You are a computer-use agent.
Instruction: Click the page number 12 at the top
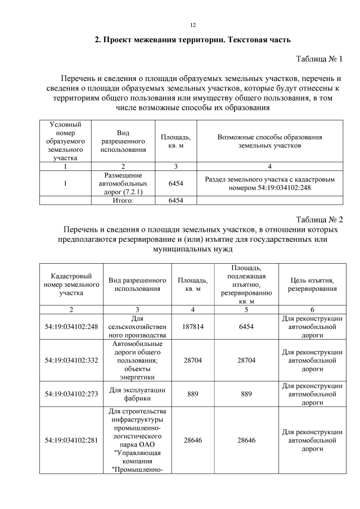(192, 25)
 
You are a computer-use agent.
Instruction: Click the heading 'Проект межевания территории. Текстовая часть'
(192, 40)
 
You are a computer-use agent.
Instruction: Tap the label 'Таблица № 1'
(319, 58)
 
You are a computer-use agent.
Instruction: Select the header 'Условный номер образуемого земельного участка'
(65, 141)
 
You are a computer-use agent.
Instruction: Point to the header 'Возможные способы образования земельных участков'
(269, 141)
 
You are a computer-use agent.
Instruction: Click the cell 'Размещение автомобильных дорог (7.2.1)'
(123, 183)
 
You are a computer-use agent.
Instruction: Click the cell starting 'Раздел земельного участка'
(269, 183)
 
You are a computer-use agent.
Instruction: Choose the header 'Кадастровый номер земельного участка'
(71, 284)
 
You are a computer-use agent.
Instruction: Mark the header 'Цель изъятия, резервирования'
(312, 284)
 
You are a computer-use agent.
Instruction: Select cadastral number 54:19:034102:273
(71, 394)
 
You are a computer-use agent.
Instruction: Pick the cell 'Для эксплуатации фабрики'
(138, 394)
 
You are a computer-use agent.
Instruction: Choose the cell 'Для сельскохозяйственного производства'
(138, 326)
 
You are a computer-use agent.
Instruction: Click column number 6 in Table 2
(312, 309)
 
